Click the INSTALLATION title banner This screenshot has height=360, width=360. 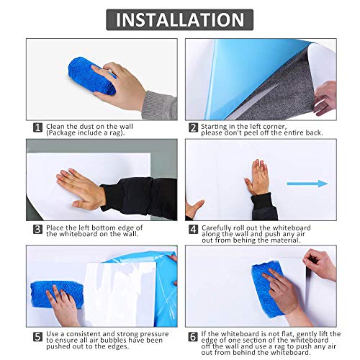pyautogui.click(x=179, y=19)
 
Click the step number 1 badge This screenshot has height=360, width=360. pyautogui.click(x=37, y=127)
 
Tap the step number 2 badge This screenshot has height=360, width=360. pyautogui.click(x=193, y=127)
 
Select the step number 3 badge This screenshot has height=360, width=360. pyautogui.click(x=37, y=229)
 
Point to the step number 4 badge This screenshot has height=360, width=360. pyautogui.click(x=193, y=229)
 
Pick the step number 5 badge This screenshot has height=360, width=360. pyautogui.click(x=37, y=337)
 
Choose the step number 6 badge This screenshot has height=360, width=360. pyautogui.click(x=193, y=337)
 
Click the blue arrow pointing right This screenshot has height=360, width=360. pyautogui.click(x=307, y=184)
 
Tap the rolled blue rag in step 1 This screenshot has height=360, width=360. pyautogui.click(x=92, y=76)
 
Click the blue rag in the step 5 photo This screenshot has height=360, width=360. pyautogui.click(x=57, y=295)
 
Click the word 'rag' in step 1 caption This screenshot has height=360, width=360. pyautogui.click(x=117, y=133)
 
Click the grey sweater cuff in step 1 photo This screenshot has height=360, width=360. pyautogui.click(x=160, y=106)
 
